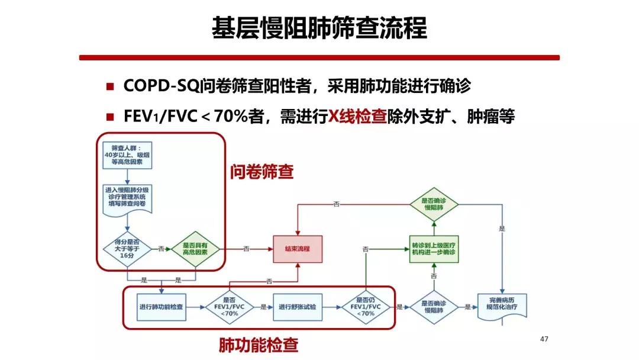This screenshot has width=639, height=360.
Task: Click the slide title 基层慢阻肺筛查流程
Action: (x=319, y=28)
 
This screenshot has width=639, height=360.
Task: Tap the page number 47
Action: (x=544, y=339)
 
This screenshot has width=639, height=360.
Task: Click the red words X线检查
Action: (x=358, y=117)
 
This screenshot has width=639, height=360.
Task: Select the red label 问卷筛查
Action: (x=262, y=172)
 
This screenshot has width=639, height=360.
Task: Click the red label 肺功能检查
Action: (x=259, y=344)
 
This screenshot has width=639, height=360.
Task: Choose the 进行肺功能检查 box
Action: (x=161, y=307)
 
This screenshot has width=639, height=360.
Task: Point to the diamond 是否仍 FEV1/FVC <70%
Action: (x=367, y=307)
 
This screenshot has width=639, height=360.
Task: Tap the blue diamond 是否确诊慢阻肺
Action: (x=435, y=307)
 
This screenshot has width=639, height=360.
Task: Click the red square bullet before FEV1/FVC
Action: (x=109, y=117)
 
